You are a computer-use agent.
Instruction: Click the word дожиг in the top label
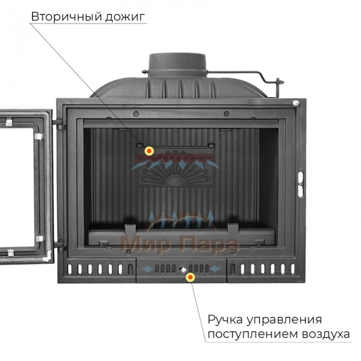125,17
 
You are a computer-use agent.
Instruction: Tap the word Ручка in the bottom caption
225,320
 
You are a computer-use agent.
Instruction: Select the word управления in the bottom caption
284,320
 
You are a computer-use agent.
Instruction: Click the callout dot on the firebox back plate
149,151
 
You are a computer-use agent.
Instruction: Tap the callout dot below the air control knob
190,277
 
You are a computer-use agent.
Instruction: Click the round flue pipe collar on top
177,64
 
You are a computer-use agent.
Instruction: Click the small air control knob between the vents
183,269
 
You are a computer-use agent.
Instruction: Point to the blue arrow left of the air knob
147,269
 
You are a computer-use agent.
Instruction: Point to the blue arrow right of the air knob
216,269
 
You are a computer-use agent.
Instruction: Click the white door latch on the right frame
301,184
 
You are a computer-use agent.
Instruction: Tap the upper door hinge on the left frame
59,124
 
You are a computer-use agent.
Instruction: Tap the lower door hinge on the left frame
59,245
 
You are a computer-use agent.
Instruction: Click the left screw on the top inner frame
136,113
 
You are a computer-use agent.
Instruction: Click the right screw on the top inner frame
227,113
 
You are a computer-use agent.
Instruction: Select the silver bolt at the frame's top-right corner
296,103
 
